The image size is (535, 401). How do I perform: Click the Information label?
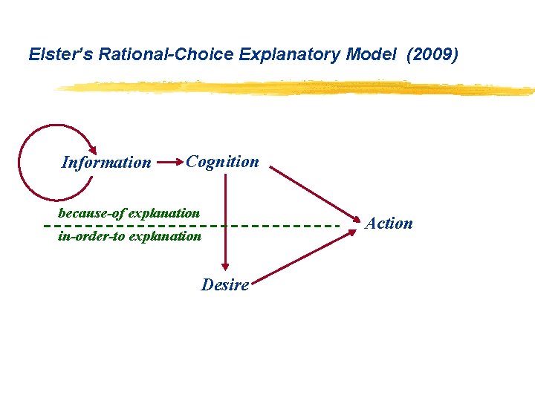[106, 163]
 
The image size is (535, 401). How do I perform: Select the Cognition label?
[222, 161]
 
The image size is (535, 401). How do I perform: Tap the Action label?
[389, 224]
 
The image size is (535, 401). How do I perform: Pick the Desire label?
[224, 284]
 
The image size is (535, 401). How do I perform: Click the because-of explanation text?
[129, 213]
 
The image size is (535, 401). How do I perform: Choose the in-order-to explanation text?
[129, 236]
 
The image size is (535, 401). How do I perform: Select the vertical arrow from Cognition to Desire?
[224, 223]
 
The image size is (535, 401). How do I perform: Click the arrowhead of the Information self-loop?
[92, 149]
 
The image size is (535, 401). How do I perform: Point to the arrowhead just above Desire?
[224, 269]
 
